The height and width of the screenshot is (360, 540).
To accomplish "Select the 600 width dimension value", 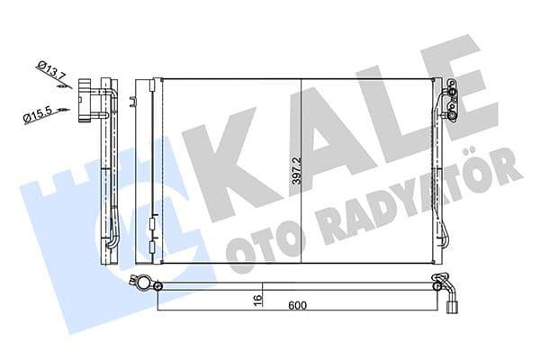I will click(298, 305).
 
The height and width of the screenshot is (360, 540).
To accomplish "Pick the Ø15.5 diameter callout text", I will click(40, 115).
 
